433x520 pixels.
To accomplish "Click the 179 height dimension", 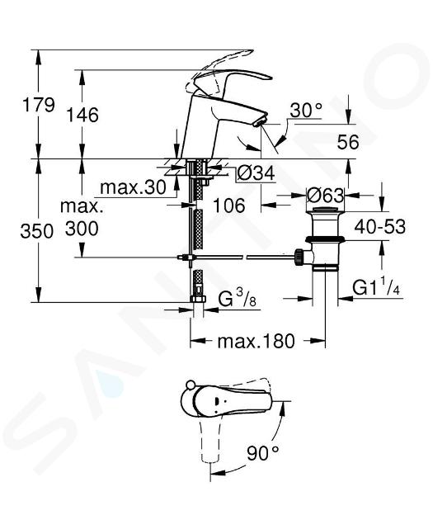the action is click(38, 105).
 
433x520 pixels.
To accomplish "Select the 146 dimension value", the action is click(82, 115).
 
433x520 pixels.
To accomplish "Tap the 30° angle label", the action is click(306, 110).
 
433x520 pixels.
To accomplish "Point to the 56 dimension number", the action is click(348, 142).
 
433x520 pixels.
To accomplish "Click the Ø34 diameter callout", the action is click(256, 173).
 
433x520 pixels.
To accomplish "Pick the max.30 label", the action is click(133, 187).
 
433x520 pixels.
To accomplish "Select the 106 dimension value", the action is click(229, 206).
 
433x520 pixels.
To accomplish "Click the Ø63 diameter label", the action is click(325, 196).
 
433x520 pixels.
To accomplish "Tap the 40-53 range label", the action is click(379, 227).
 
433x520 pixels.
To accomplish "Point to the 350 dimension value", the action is click(36, 231).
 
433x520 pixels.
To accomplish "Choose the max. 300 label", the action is click(82, 217).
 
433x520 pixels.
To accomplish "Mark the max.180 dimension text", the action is click(256, 341).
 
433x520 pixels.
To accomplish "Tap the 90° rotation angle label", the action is click(263, 452).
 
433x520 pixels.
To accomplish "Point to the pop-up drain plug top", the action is click(325, 209).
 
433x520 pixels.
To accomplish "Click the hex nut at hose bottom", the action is click(198, 298).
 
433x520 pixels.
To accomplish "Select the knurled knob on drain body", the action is click(299, 257).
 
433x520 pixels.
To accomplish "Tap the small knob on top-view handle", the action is click(191, 385).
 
